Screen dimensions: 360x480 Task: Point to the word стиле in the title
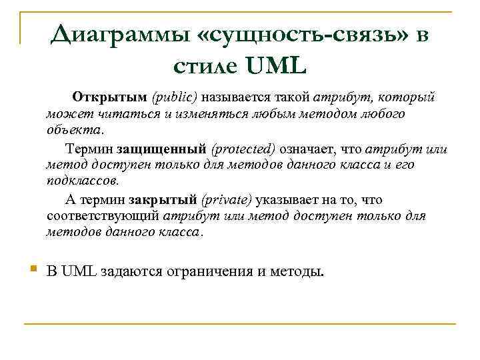pyautogui.click(x=205, y=66)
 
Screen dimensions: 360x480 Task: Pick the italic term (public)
pyautogui.click(x=175, y=97)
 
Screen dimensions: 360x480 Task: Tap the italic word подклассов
pyautogui.click(x=83, y=180)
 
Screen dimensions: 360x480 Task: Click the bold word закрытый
pyautogui.click(x=164, y=199)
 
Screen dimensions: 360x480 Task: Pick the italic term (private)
pyautogui.click(x=227, y=199)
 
